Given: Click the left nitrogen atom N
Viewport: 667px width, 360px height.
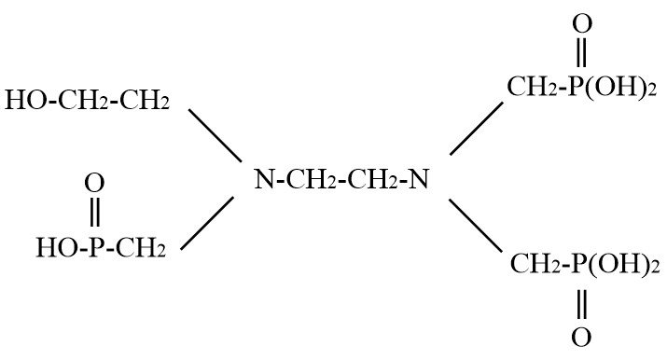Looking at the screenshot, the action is pos(264,179).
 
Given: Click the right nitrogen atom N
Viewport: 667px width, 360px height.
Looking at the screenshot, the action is pos(418,179).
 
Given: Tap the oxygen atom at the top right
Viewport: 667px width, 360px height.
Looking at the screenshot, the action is pos(582,24).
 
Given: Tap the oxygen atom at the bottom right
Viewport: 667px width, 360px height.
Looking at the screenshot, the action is pos(581,338).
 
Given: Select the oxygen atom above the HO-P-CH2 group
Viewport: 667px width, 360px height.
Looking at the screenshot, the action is pos(94,184).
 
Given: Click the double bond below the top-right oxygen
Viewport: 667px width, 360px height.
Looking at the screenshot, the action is pos(581,52).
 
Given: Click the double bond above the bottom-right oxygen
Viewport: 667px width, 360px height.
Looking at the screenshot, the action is pos(582,304).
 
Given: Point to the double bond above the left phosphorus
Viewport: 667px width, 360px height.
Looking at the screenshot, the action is pos(95,212).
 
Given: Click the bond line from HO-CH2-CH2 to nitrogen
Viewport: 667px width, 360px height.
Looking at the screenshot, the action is pos(215,135).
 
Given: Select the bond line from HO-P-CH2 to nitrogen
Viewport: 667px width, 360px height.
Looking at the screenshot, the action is pos(207,223).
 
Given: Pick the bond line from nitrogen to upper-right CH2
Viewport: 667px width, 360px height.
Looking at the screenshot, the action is pos(477,129).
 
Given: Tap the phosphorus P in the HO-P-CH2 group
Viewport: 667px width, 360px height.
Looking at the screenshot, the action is pos(94,248).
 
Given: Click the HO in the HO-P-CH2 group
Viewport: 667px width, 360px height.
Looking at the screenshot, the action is pos(56,248).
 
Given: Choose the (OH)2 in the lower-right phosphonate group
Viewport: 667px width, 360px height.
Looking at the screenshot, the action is pos(623,264).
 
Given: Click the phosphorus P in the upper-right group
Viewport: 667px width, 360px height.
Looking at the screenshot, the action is pos(577,87).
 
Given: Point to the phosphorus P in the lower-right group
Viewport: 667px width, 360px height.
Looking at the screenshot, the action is pos(579,264).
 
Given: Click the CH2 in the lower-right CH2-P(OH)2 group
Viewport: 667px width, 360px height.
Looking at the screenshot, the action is pos(535,264).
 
